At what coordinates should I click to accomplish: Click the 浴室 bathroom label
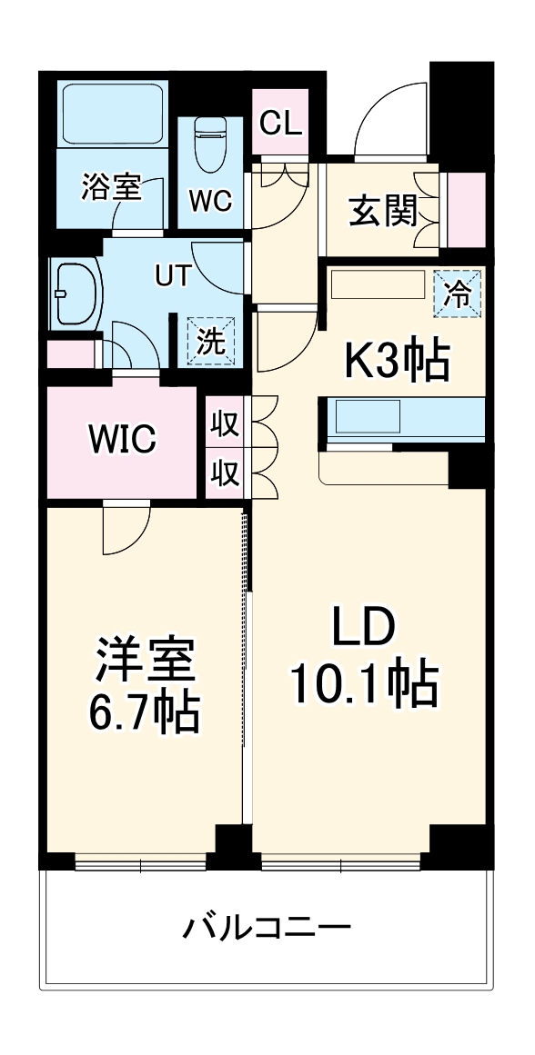[110, 187]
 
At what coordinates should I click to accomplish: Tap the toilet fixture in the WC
[212, 142]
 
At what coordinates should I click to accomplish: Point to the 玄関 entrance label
[383, 213]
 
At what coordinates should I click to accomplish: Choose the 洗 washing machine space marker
[211, 342]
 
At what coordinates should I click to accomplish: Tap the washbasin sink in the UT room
[76, 294]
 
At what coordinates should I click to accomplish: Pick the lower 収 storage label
[224, 473]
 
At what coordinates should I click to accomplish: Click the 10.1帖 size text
[364, 685]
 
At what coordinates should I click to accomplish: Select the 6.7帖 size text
[145, 714]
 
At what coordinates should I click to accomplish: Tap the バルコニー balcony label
[267, 929]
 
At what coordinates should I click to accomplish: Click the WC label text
[211, 201]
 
